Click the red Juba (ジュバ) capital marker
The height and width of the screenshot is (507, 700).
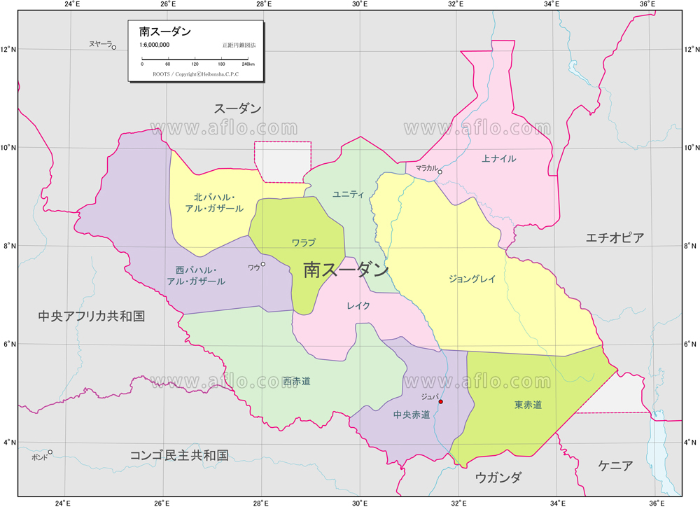click(440, 402)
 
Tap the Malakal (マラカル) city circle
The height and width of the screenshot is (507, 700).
click(440, 172)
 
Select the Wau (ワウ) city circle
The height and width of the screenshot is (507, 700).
click(263, 264)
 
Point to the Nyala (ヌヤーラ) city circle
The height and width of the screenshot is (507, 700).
click(114, 48)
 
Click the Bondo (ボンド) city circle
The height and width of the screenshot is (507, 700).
click(50, 452)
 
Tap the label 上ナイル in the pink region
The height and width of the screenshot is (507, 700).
click(499, 159)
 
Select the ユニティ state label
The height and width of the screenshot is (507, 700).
click(349, 194)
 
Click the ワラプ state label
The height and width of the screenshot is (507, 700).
click(303, 243)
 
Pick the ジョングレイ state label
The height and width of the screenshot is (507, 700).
click(472, 279)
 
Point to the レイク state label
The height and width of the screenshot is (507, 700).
click(358, 305)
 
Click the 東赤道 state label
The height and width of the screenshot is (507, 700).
click(528, 405)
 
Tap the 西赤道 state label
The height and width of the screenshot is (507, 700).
click(297, 382)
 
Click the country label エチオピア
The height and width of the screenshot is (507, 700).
click(615, 237)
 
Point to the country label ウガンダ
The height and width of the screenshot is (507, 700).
click(498, 478)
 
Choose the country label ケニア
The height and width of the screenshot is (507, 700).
click(616, 465)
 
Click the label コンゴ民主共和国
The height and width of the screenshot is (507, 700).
click(179, 455)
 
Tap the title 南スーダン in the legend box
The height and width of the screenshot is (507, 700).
click(165, 32)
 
